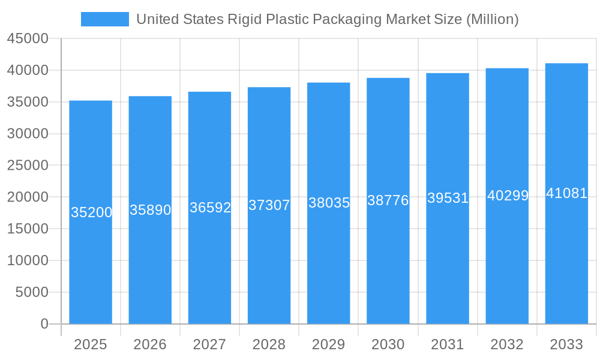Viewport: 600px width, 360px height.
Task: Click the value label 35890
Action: click(151, 210)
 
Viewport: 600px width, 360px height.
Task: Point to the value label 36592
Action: click(210, 208)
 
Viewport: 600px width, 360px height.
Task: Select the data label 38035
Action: click(329, 203)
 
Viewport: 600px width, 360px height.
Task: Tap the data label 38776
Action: click(388, 200)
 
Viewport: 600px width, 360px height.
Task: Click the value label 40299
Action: click(508, 196)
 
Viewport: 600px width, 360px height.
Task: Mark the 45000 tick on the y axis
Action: click(27, 38)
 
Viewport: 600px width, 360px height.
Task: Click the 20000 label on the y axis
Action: click(27, 197)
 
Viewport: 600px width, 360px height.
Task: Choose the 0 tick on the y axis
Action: click(44, 324)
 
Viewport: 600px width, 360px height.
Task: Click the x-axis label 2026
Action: click(150, 344)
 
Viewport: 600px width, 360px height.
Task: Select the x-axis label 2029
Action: click(329, 344)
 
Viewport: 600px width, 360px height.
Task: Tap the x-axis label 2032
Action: click(507, 344)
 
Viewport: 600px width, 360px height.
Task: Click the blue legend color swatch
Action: click(105, 19)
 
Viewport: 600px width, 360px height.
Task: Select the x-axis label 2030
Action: click(388, 344)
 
